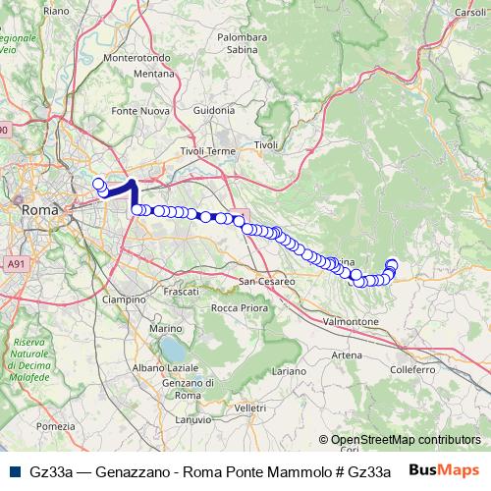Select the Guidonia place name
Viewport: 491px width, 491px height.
214,111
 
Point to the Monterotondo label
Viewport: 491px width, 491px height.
143,58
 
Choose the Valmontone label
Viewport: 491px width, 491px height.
352,321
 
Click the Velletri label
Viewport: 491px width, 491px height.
250,407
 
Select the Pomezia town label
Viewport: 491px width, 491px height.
55,426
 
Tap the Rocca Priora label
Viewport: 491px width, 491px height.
240,307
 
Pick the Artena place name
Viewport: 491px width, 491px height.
347,355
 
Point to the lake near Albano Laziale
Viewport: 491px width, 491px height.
173,349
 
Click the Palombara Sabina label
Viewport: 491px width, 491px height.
242,43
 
